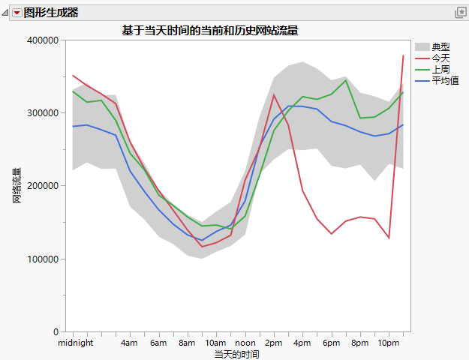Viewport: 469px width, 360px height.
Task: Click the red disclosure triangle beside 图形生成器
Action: tap(17, 13)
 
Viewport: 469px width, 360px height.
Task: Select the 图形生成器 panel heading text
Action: tap(51, 13)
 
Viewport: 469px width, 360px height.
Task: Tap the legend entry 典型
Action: tap(440, 47)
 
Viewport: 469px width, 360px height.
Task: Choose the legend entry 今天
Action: tap(440, 58)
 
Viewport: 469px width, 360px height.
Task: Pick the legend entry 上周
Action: tap(440, 69)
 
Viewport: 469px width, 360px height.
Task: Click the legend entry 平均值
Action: tap(445, 79)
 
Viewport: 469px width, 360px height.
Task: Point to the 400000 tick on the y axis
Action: tap(43, 40)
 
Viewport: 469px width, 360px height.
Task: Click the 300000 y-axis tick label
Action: tap(43, 113)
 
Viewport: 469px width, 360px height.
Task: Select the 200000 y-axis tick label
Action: tap(43, 186)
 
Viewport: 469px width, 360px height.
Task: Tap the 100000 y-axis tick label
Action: tap(43, 259)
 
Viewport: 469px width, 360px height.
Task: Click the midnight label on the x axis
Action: tap(75, 343)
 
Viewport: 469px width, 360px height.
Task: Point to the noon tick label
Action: tap(245, 343)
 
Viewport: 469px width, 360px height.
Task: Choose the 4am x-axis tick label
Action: tap(130, 343)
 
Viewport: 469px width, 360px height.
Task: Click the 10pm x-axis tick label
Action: tap(388, 343)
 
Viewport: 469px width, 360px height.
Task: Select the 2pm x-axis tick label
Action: tap(274, 343)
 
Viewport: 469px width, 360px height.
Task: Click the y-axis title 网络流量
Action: tap(17, 186)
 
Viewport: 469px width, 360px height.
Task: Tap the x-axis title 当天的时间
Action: tap(237, 353)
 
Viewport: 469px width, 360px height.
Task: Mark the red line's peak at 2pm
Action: tap(274, 95)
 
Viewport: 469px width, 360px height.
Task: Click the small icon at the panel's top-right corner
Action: tap(461, 13)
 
